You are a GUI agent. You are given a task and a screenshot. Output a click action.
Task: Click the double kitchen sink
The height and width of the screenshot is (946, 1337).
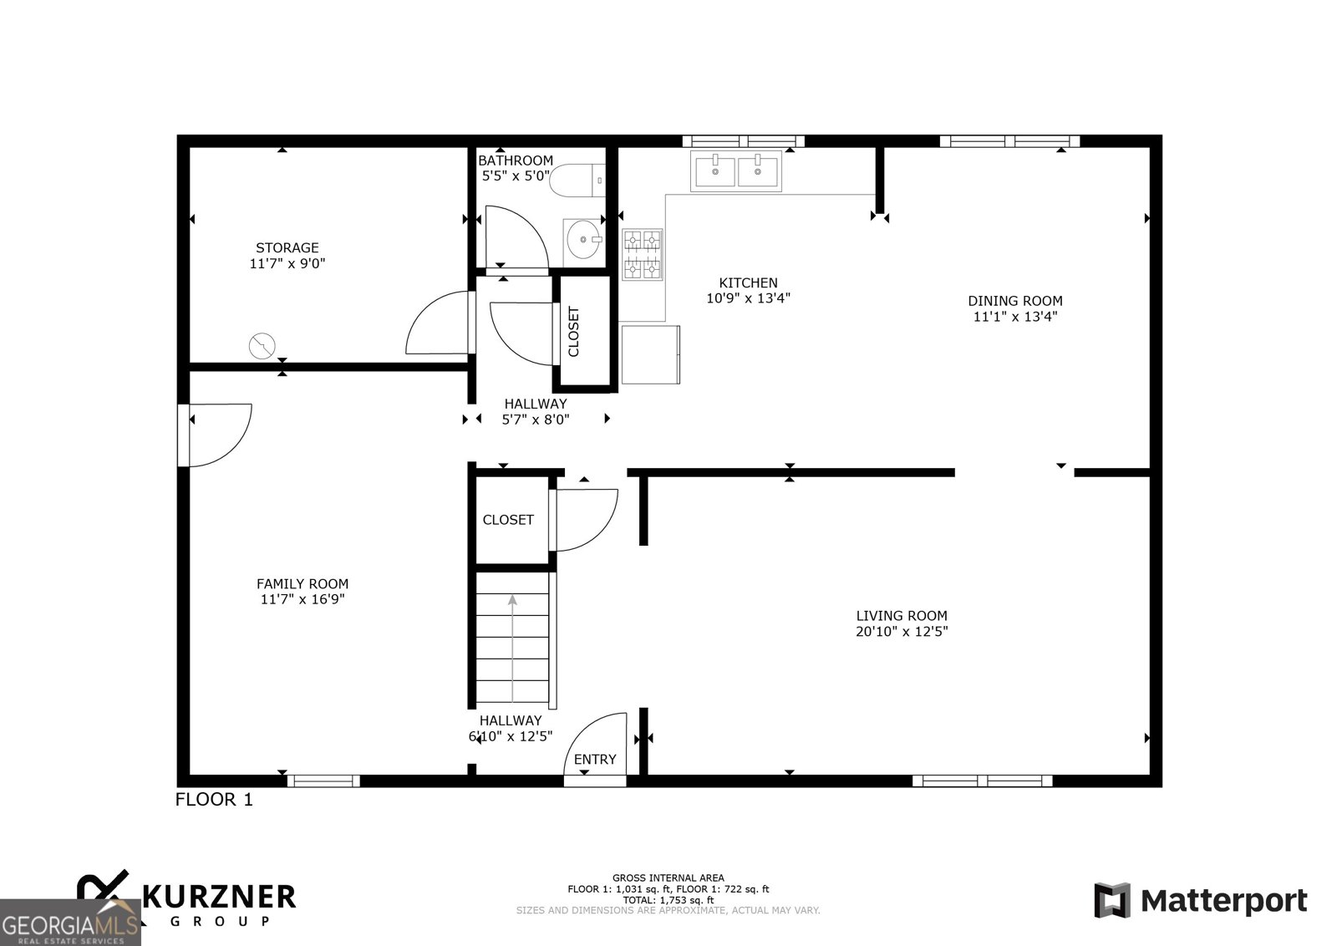click(736, 171)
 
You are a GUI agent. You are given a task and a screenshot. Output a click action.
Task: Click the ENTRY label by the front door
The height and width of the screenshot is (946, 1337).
click(595, 759)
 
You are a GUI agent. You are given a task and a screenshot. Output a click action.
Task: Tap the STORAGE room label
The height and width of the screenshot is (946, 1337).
click(287, 247)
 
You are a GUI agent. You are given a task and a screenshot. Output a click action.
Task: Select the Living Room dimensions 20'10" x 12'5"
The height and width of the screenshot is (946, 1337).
click(902, 632)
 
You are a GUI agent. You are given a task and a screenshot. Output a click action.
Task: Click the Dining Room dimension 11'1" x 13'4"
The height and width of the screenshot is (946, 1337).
click(1015, 317)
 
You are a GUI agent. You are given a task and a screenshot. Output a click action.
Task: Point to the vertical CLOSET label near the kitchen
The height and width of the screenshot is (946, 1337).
click(574, 332)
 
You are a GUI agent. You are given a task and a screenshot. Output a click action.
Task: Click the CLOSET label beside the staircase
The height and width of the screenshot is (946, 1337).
click(508, 520)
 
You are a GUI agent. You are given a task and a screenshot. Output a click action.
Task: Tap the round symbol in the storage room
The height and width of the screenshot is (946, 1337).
click(262, 345)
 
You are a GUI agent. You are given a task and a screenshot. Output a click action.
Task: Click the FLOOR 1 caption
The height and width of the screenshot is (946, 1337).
click(214, 800)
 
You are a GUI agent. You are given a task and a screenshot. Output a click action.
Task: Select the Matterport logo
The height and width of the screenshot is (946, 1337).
click(1201, 901)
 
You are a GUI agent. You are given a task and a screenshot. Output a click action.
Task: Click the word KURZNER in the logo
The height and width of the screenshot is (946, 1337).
click(220, 897)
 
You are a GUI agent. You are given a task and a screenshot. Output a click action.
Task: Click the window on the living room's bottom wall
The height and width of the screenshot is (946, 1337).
click(982, 781)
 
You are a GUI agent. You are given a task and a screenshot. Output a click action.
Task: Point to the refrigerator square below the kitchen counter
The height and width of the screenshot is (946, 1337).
click(651, 354)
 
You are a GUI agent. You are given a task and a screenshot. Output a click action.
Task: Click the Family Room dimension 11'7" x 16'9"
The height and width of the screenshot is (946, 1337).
click(302, 599)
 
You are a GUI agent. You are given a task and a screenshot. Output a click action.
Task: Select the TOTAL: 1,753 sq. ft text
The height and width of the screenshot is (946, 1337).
click(668, 900)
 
